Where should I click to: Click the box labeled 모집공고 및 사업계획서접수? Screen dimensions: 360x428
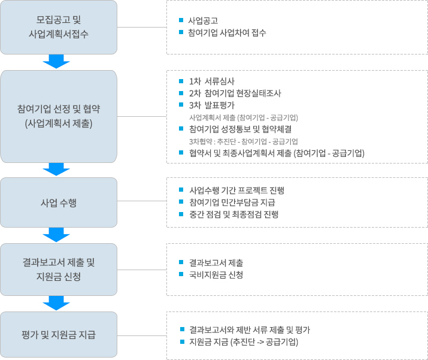[x=59, y=27]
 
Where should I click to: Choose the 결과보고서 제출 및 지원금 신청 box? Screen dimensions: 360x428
[x=59, y=270]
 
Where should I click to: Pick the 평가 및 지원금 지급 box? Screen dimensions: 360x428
[x=59, y=334]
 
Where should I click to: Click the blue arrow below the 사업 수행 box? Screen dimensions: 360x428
[x=57, y=234]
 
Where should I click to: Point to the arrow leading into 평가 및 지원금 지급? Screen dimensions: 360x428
[x=57, y=302]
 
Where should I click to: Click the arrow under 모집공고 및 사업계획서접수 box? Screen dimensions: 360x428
[x=57, y=61]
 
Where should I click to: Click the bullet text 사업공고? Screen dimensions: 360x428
[x=203, y=21]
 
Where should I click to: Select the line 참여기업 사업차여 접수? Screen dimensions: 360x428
[x=227, y=33]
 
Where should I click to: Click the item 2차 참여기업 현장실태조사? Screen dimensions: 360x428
[x=234, y=93]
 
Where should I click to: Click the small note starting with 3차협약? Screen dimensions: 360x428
[x=243, y=141]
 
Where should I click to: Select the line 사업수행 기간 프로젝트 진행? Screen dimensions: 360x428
[x=236, y=190]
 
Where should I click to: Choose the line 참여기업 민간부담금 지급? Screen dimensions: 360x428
[x=232, y=202]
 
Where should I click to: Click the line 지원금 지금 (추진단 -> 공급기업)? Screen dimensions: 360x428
[x=243, y=342]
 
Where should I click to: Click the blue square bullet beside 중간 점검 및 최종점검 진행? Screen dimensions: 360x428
[x=182, y=214]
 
